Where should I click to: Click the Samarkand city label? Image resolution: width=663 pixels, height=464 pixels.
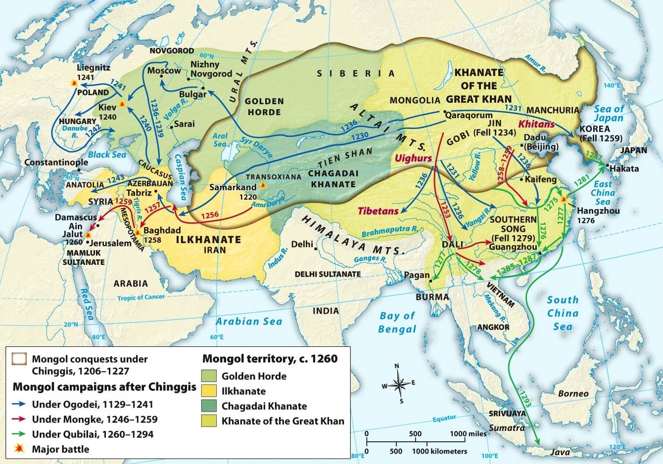click(x=233, y=187)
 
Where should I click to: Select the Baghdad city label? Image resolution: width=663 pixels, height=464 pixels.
click(x=163, y=230)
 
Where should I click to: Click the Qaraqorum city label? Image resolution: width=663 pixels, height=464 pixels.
click(x=469, y=115)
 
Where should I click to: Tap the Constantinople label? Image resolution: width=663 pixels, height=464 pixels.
click(x=49, y=162)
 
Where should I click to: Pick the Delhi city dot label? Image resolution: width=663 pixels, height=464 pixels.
click(x=302, y=244)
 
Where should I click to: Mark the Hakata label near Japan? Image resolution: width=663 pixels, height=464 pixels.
click(x=624, y=169)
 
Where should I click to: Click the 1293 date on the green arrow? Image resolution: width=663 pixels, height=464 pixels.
click(x=525, y=398)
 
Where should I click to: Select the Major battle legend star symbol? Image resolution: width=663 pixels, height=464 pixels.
click(x=20, y=449)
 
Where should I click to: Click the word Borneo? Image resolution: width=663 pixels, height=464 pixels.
click(x=573, y=393)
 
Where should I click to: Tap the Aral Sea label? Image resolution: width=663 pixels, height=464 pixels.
click(x=220, y=139)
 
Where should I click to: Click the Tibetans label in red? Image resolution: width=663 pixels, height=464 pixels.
click(x=378, y=211)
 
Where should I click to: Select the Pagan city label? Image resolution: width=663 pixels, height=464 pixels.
click(x=417, y=275)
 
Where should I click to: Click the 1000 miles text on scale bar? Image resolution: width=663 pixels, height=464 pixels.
click(x=469, y=433)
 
